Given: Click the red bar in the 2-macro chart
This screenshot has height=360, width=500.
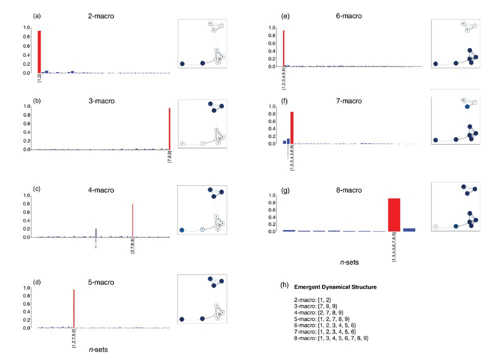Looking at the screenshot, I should (39, 51).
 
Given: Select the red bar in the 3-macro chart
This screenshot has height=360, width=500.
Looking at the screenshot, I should (170, 129).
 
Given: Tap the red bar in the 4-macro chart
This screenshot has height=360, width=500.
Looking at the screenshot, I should (132, 220).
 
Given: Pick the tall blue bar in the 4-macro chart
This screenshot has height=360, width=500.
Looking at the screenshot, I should (95, 232).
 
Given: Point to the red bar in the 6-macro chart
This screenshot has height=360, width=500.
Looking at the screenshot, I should (283, 48).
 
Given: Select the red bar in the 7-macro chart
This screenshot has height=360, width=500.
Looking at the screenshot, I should (292, 127).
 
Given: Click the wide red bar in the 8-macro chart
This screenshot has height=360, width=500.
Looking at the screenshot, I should (394, 215).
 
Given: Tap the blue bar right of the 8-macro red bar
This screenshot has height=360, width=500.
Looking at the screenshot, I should (409, 229).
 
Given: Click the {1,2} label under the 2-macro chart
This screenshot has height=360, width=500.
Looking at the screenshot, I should (39, 78).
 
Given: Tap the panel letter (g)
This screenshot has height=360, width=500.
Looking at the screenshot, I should (286, 190).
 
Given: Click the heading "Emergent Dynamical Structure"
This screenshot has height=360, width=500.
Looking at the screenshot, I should (335, 287).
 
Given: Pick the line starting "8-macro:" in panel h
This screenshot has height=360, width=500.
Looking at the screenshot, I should (331, 338).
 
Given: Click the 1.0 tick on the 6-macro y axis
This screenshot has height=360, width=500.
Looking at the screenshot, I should (272, 28).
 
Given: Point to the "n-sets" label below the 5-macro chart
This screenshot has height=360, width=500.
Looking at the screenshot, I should (98, 350).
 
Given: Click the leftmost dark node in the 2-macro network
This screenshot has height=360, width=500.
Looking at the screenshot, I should (182, 64).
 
